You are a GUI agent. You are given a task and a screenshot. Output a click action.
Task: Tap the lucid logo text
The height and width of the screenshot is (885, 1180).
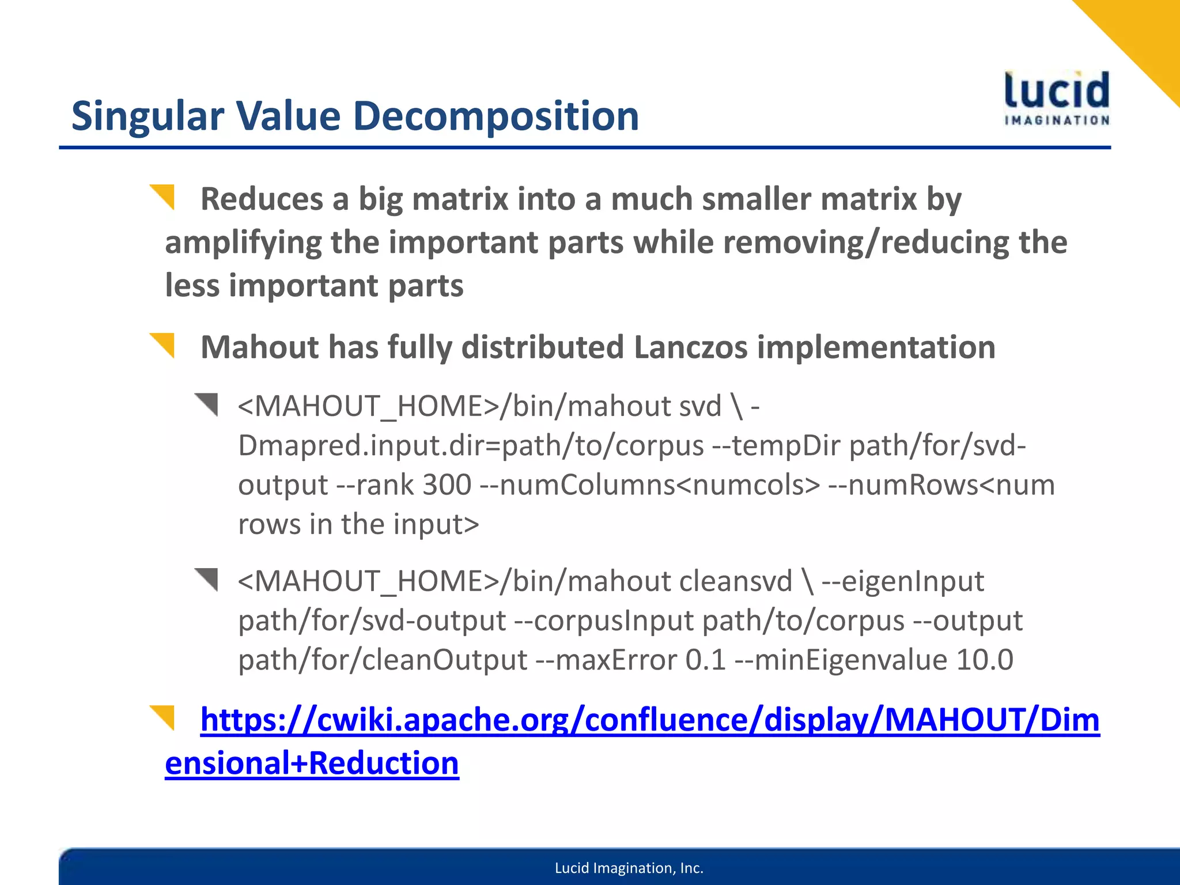pyautogui.click(x=1057, y=91)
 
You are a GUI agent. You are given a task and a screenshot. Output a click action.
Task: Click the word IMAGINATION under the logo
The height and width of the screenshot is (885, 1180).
pyautogui.click(x=1057, y=120)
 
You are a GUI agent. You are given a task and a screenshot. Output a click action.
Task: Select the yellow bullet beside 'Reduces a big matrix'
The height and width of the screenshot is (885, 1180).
pyautogui.click(x=163, y=196)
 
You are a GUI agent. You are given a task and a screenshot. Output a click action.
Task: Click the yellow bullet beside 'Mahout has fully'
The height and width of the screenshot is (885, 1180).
pyautogui.click(x=163, y=345)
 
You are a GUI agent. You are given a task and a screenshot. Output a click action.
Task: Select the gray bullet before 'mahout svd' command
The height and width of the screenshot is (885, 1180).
pyautogui.click(x=207, y=404)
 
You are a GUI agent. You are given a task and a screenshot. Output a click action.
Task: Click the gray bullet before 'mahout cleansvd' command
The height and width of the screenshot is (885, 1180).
pyautogui.click(x=207, y=578)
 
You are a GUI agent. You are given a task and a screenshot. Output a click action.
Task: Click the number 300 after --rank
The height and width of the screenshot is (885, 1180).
pyautogui.click(x=447, y=485)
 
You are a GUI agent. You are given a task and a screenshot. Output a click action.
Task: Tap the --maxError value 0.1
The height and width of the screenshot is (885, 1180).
pyautogui.click(x=705, y=660)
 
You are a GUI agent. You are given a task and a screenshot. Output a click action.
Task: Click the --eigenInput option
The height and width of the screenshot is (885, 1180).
pyautogui.click(x=902, y=581)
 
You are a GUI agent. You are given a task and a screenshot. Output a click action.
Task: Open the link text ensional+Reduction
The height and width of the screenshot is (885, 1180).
pyautogui.click(x=312, y=763)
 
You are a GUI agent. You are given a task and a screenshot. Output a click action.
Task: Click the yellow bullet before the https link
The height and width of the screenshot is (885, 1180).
pyautogui.click(x=163, y=717)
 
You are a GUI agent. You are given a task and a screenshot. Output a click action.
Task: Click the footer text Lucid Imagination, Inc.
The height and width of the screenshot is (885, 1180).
pyautogui.click(x=629, y=868)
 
